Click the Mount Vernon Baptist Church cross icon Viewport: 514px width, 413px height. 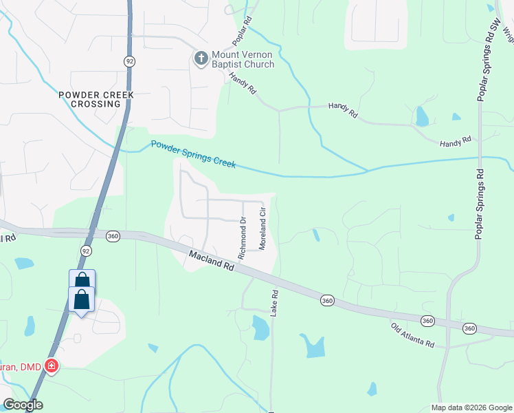point(201,58)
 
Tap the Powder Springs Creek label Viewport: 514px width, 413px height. point(193,154)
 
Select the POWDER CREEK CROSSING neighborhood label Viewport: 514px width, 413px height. point(96,99)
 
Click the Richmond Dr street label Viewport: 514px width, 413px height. point(242,239)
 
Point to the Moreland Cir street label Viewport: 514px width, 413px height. point(262,230)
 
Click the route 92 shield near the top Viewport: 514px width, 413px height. point(129,61)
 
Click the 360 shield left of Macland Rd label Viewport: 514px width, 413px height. point(113,236)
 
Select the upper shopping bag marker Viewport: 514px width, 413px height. point(82,280)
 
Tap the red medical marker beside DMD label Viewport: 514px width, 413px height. point(51,366)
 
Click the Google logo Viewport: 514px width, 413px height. point(23,405)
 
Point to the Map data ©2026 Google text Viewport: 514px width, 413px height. point(471,407)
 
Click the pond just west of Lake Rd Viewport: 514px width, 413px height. point(260,328)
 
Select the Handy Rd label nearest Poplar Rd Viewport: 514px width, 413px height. point(242,84)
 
